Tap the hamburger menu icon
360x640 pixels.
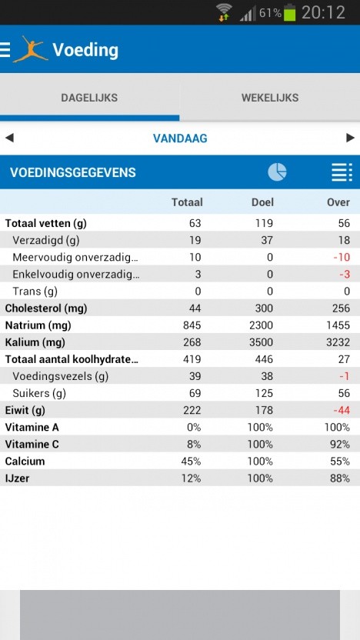click(5, 50)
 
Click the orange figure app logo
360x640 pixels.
click(30, 49)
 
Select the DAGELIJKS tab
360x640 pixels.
click(89, 98)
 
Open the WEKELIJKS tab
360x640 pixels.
click(270, 98)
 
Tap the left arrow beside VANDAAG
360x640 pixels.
click(9, 138)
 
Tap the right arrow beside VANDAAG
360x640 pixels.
click(351, 138)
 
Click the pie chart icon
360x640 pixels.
click(277, 172)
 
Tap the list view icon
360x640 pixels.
click(342, 172)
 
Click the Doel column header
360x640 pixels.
click(262, 202)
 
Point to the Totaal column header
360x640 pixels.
click(187, 202)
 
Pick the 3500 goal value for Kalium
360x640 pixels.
click(261, 342)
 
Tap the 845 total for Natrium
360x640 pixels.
click(192, 325)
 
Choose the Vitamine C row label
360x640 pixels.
click(33, 444)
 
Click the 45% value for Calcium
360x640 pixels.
click(191, 461)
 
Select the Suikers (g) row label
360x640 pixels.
click(39, 393)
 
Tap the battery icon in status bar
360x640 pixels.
click(290, 12)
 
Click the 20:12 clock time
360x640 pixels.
click(323, 12)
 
